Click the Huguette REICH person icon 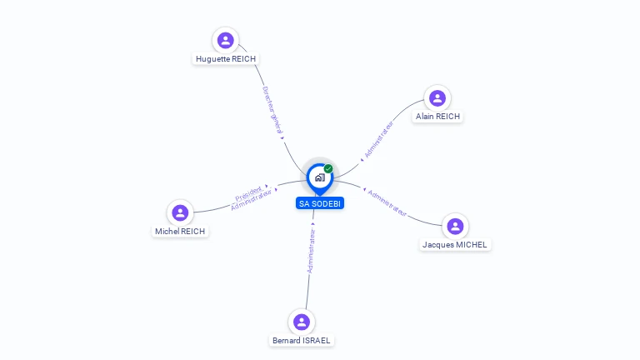coord(225,40)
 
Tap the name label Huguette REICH coord(225,59)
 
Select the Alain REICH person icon coord(437,98)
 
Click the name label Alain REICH coord(437,117)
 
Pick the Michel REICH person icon coord(180,212)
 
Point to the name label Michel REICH coord(180,231)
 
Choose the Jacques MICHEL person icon coord(455,226)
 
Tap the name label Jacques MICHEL coord(455,244)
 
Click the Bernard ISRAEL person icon coord(302,322)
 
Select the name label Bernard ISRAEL coord(302,340)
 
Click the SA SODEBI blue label coord(320,203)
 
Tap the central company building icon coord(319,177)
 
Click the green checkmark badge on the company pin coord(328,168)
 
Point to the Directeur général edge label coord(273,111)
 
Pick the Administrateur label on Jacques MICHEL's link coord(387,203)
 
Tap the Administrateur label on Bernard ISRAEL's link coord(311,251)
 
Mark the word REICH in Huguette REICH coord(242,59)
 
